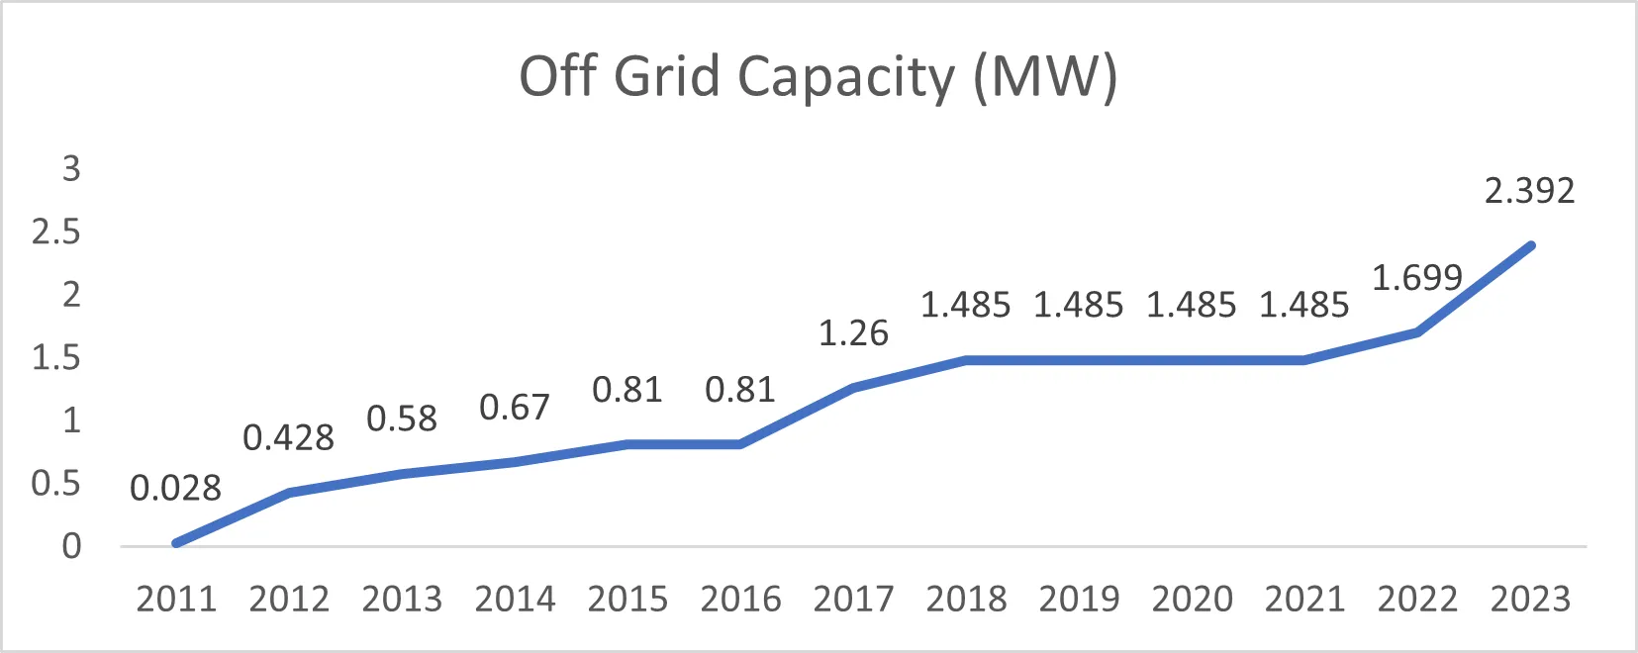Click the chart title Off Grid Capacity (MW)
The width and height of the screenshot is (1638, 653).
[x=819, y=76]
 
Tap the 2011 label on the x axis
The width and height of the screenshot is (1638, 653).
[x=176, y=600]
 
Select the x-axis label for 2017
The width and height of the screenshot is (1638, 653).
[x=853, y=600]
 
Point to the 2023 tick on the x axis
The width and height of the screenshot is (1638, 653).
[x=1530, y=600]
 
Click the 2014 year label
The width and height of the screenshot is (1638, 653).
[x=515, y=600]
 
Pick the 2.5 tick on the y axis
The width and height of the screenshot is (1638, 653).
[x=55, y=233]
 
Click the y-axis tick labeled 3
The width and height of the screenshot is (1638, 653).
[x=70, y=169]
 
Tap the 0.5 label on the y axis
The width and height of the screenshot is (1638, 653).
[x=55, y=484]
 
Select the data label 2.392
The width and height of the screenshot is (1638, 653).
[x=1529, y=191]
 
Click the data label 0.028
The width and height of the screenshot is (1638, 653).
[x=176, y=489]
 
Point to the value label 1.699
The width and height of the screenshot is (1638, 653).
[x=1417, y=278]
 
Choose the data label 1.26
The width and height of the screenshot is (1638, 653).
[x=853, y=333]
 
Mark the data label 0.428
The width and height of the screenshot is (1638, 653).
[x=289, y=438]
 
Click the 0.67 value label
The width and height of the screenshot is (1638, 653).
[x=515, y=408]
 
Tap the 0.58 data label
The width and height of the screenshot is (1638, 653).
[x=402, y=420]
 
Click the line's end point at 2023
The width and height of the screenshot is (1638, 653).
[x=1531, y=245]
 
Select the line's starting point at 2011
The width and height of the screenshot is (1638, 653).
[x=176, y=543]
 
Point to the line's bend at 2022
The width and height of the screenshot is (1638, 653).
[x=1418, y=332]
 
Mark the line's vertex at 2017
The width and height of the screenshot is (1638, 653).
[x=853, y=388]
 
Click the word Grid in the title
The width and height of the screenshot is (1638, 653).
[x=666, y=76]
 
